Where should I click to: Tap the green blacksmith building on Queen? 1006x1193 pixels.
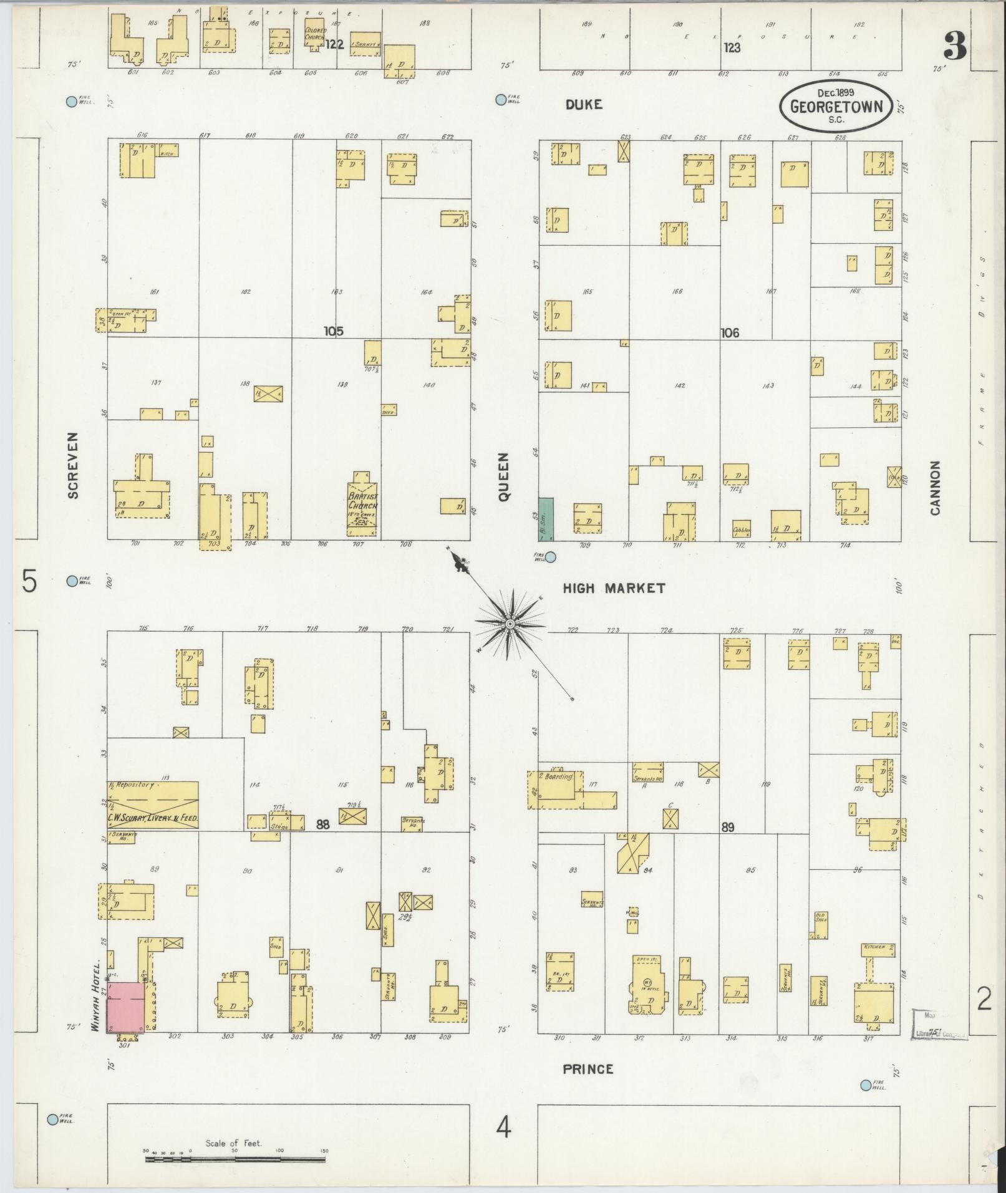(546, 519)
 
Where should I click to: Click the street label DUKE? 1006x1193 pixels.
(584, 105)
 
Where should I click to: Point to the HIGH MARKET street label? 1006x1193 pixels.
(614, 588)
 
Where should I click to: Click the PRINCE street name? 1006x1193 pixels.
(588, 1070)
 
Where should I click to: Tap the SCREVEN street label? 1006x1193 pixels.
(73, 465)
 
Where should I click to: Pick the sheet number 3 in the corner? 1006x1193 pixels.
(954, 45)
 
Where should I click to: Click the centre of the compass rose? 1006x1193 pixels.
(510, 624)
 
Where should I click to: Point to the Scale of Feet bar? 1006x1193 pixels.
(235, 1160)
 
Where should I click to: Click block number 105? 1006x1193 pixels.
(334, 331)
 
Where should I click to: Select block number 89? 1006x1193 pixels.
(727, 828)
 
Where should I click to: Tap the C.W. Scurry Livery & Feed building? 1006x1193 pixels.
(153, 805)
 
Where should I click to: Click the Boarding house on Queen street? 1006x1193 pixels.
(555, 789)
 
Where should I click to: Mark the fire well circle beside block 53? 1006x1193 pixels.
(551, 557)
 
